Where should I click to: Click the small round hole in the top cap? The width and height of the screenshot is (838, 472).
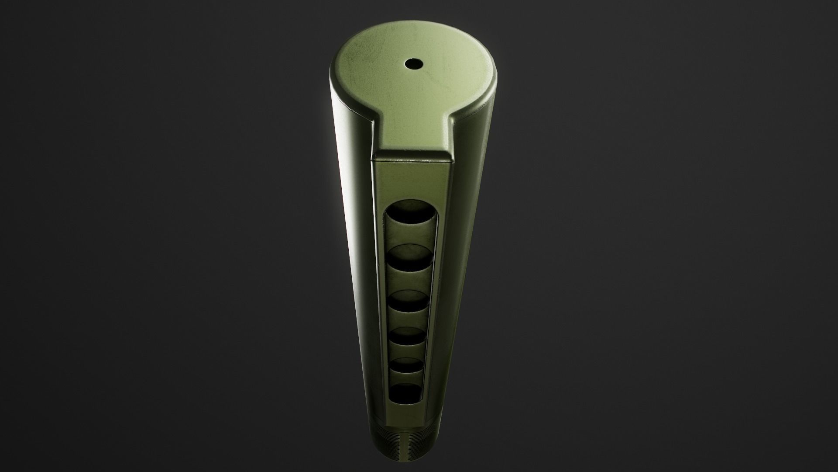(x=411, y=64)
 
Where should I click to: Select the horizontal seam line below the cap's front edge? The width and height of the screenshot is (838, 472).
(x=412, y=161)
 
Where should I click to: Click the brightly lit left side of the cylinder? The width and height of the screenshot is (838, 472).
(x=349, y=219)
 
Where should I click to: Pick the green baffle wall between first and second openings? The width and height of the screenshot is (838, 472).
(x=410, y=236)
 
